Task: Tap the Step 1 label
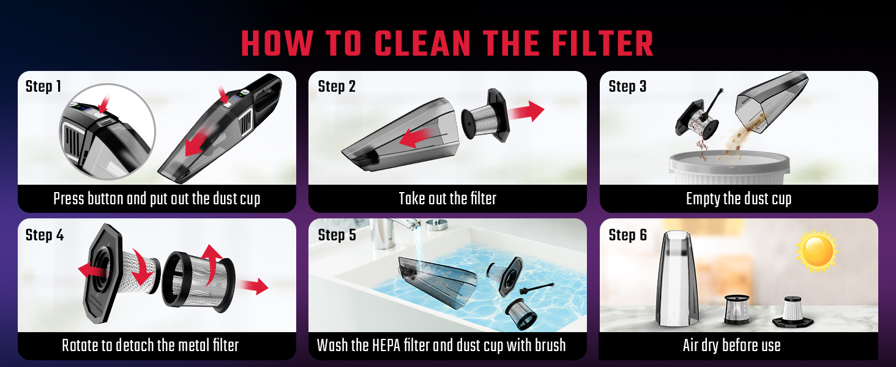(x=43, y=87)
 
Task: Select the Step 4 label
(x=44, y=235)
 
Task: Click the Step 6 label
(x=627, y=235)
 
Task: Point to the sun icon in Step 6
(x=816, y=251)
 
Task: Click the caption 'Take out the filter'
(x=447, y=199)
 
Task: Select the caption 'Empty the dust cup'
(x=739, y=199)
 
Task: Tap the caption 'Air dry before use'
(x=731, y=346)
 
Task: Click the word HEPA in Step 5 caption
(x=386, y=346)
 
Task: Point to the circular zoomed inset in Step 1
(x=107, y=132)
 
